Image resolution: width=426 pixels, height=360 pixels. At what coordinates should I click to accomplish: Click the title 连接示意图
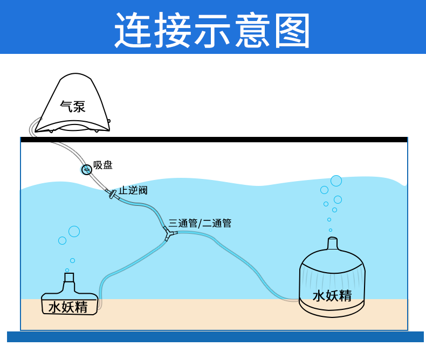(x=212, y=30)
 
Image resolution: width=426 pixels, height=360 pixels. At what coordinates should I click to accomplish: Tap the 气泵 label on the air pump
(x=72, y=106)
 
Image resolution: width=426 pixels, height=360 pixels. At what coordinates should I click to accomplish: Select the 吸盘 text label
(x=103, y=165)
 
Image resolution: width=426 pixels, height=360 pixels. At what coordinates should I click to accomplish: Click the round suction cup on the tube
(x=86, y=170)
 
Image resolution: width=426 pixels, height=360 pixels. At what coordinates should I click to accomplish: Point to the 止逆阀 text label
(x=133, y=190)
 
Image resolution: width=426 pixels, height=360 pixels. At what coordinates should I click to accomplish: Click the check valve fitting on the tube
(x=113, y=195)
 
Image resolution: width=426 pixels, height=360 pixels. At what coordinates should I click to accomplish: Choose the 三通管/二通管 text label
(x=200, y=223)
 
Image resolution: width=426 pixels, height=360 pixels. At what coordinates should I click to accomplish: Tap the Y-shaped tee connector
(x=169, y=233)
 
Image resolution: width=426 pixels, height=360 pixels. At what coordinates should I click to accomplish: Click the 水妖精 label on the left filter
(x=68, y=307)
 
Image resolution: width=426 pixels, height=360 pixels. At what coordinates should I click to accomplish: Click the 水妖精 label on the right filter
(x=332, y=295)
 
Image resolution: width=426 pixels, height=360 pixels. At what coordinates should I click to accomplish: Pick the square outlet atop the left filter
(x=69, y=278)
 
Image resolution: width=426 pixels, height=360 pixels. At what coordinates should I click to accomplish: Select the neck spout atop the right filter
(x=333, y=244)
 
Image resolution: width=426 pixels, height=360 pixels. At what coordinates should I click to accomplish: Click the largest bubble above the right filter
(x=336, y=181)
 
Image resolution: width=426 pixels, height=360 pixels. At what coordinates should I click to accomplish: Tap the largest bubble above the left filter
(x=74, y=231)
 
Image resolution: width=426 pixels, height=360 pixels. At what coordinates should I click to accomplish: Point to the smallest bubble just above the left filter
(x=67, y=270)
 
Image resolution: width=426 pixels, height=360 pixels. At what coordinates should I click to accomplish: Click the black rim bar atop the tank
(x=214, y=140)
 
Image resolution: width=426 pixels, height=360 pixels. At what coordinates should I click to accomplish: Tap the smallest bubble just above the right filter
(x=331, y=230)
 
